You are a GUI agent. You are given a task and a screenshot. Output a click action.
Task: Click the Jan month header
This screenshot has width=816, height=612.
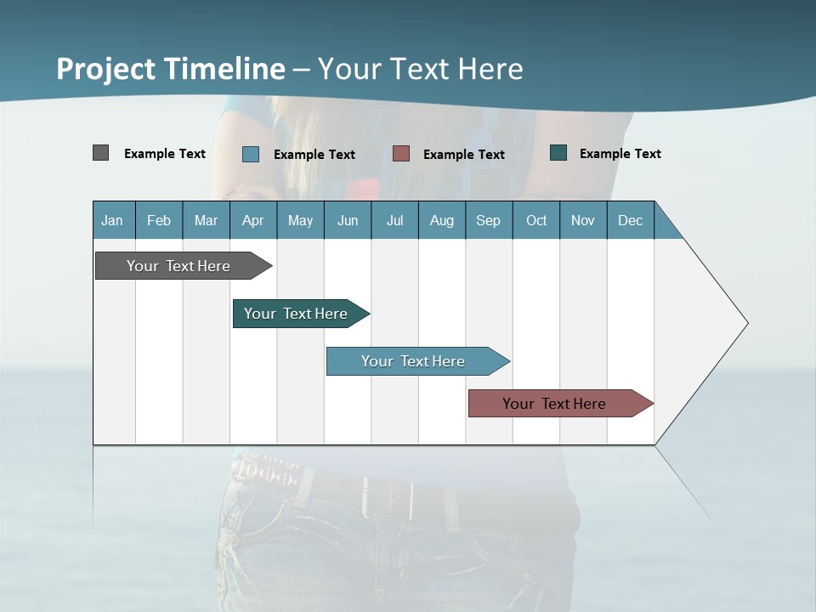tap(112, 220)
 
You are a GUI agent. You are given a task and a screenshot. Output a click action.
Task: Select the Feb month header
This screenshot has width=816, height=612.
tap(159, 220)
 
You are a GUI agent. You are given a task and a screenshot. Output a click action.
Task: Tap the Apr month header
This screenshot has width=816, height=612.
tap(252, 220)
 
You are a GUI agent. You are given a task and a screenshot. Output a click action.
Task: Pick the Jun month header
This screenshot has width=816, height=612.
tap(348, 220)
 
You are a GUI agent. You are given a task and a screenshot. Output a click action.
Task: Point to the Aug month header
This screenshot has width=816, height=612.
tap(441, 220)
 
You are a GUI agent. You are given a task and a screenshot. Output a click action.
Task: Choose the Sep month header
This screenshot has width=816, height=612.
tap(488, 220)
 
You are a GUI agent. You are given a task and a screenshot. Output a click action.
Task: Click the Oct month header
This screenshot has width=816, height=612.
tap(536, 220)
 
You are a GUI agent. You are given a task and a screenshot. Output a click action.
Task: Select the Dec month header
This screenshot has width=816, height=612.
tap(630, 220)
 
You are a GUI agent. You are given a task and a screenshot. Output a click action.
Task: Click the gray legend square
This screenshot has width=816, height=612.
tap(100, 153)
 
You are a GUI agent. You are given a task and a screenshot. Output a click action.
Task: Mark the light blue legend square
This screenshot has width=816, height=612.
tap(251, 154)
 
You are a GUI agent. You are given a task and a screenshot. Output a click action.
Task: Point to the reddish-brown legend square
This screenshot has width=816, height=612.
tap(401, 153)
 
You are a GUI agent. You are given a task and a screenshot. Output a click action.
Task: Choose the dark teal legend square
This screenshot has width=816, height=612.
tap(558, 153)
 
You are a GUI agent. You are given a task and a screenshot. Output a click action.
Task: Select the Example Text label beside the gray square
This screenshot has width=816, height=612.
tap(165, 154)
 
